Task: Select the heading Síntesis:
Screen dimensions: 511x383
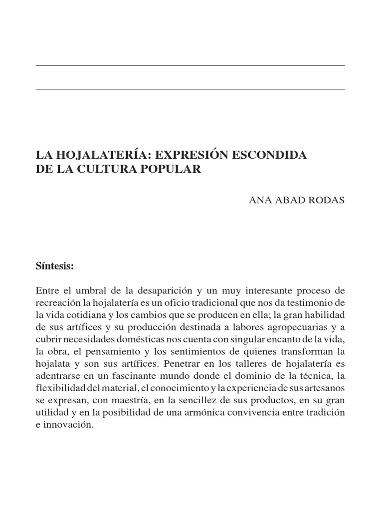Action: tap(55, 266)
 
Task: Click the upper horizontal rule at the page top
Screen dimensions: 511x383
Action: tap(191, 65)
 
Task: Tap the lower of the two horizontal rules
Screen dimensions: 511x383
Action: tap(191, 89)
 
